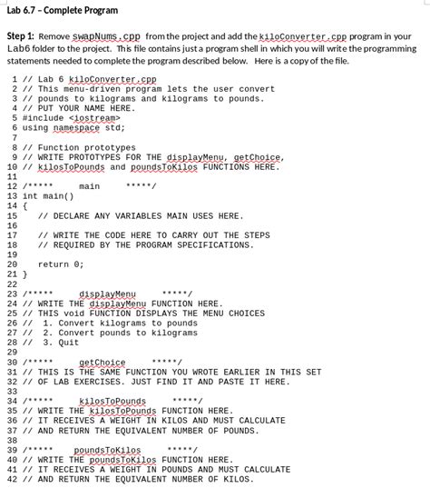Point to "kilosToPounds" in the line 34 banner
pyautogui.click(x=112, y=401)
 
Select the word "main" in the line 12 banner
pyautogui.click(x=89, y=186)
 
